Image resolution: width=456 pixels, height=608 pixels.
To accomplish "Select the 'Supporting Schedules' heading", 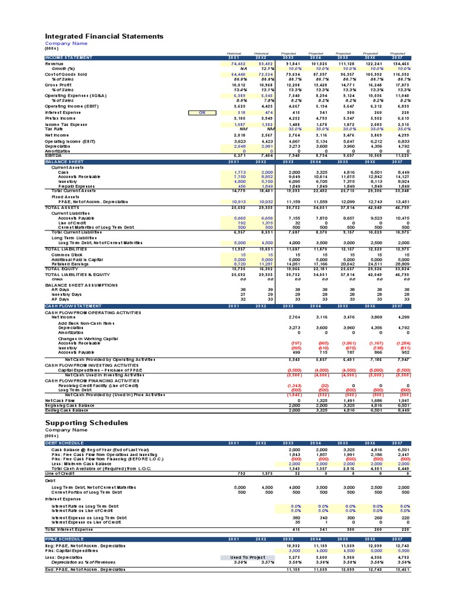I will click(87, 423).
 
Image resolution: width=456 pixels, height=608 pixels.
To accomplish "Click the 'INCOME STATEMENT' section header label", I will click(69, 58).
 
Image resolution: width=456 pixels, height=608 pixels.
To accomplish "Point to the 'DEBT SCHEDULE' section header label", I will click(64, 443).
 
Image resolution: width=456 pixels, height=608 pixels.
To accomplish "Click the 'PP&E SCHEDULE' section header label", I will click(64, 539).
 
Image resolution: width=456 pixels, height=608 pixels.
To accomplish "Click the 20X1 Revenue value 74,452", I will click(237, 63).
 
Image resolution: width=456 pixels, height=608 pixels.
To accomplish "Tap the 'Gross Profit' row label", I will click(59, 85).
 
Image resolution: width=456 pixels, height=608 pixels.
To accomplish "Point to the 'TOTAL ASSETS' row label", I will click(62, 207).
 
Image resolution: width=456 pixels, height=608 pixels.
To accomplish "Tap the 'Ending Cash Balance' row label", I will click(66, 410).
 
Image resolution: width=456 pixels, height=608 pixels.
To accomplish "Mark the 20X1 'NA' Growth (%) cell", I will click(242, 68).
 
